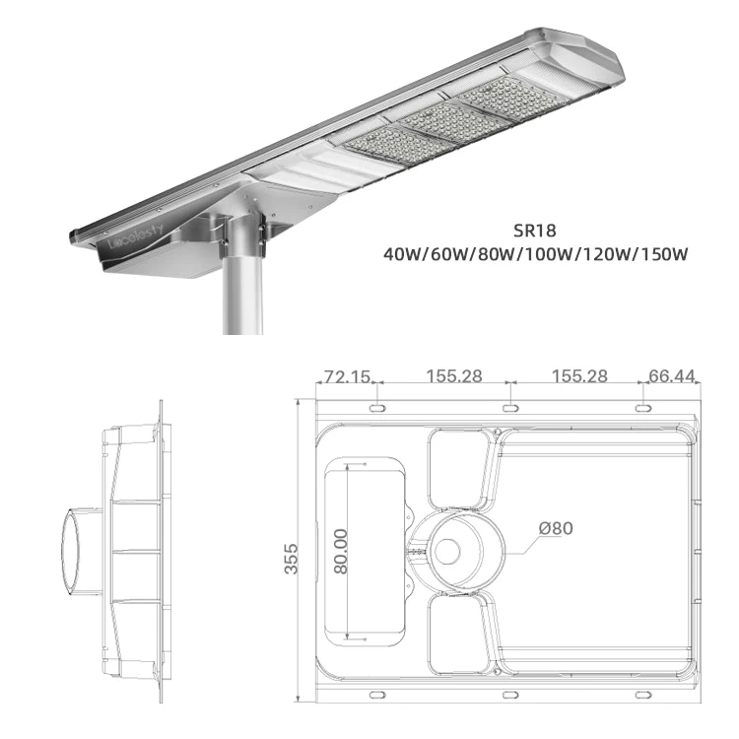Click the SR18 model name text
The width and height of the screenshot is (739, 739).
click(x=534, y=231)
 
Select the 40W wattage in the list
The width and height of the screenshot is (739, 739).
click(x=402, y=254)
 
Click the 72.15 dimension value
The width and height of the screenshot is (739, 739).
click(x=347, y=376)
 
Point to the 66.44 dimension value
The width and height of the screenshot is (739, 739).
click(x=671, y=375)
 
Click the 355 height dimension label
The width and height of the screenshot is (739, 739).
click(x=292, y=559)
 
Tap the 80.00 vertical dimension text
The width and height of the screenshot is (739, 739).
click(x=341, y=551)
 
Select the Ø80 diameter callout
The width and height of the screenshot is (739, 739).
click(x=556, y=528)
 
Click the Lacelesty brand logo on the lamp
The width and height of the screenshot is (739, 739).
click(x=136, y=236)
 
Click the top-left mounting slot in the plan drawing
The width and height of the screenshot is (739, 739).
click(x=377, y=408)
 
